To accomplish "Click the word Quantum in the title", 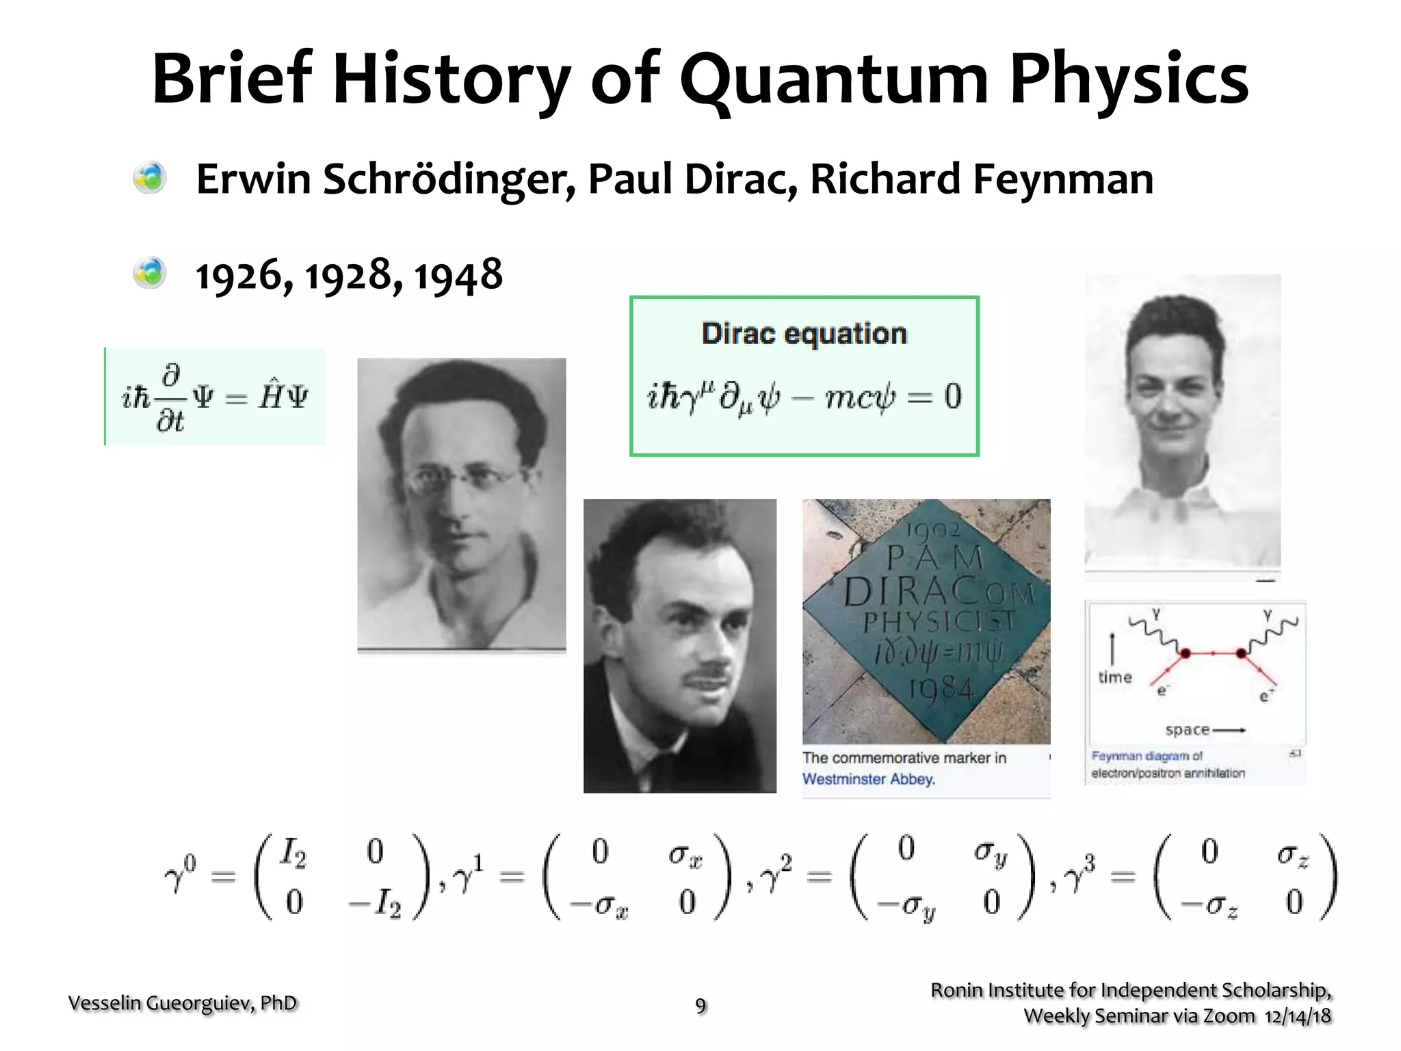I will point(834,81).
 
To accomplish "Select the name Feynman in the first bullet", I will point(1063,179).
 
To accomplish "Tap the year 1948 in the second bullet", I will point(458,275).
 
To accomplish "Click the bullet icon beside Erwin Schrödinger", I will point(150,178).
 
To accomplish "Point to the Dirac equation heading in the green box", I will point(804,334).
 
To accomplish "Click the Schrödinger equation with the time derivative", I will point(215,397).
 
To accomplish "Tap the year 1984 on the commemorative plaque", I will point(941,686).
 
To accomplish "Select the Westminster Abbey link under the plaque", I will point(868,779).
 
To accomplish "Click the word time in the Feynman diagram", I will point(1115,677).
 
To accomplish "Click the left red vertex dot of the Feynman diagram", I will point(1186,653).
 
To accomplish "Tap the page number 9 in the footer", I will point(700,1005).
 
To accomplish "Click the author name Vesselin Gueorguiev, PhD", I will point(183,1003).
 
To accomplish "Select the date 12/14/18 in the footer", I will point(1298,1016).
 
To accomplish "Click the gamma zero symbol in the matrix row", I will point(180,874).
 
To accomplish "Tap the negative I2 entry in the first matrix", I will point(375,905).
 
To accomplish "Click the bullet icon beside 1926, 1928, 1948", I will point(150,274).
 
